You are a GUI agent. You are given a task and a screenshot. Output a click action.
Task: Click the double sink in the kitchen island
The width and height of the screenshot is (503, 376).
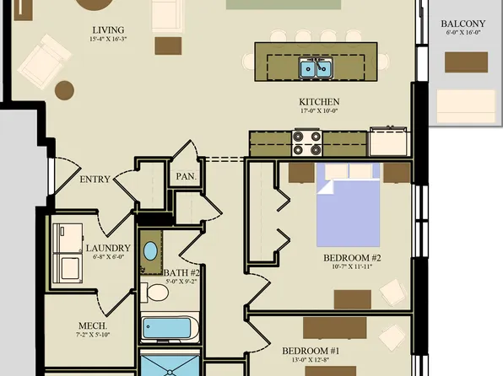[317, 68]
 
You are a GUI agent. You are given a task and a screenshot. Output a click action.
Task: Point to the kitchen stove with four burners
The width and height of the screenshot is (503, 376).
[306, 143]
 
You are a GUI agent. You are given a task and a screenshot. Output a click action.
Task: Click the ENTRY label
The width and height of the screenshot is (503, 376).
[95, 180]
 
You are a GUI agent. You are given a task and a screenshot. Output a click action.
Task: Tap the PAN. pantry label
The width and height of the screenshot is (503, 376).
[186, 177]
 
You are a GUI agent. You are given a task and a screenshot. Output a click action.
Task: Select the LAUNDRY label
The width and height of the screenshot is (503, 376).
[108, 249]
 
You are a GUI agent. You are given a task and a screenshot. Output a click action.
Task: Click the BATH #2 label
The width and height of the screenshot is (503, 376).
[181, 273]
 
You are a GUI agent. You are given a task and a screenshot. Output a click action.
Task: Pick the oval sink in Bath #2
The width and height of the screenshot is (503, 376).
[150, 251]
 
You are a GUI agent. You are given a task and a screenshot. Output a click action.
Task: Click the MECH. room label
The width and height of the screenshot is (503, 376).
[93, 325]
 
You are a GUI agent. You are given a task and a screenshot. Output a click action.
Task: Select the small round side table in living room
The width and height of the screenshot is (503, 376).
[64, 89]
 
